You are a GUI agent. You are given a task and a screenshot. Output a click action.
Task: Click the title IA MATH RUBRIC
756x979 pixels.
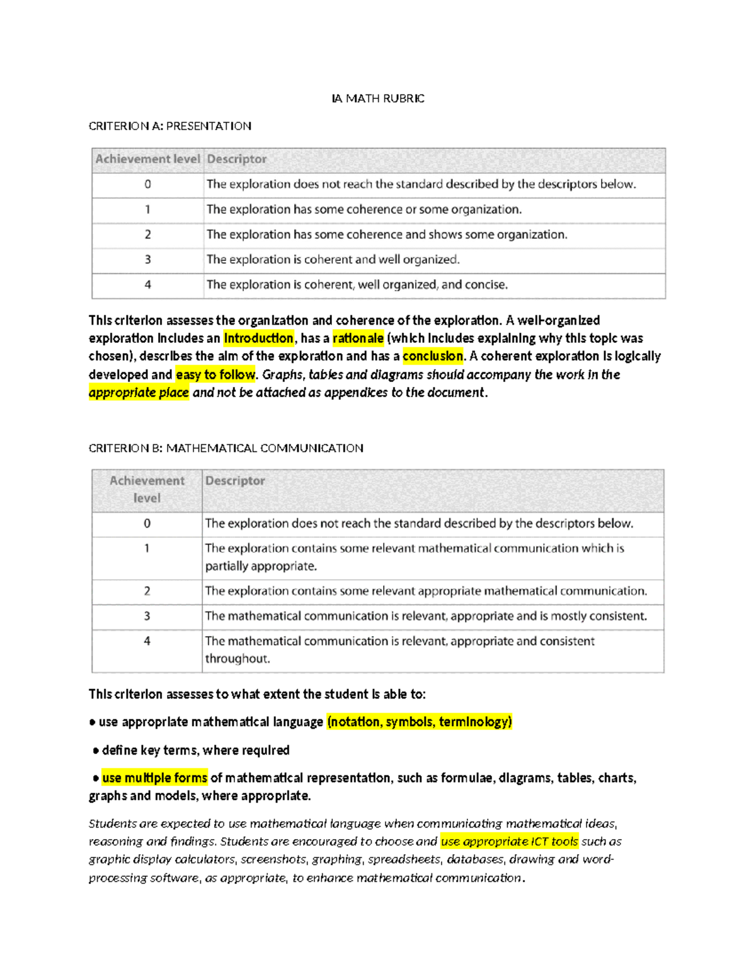pyautogui.click(x=378, y=98)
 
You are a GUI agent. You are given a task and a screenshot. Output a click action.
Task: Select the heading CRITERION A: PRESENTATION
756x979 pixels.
pyautogui.click(x=169, y=126)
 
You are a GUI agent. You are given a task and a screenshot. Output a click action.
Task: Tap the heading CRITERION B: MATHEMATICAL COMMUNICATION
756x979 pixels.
pyautogui.click(x=226, y=448)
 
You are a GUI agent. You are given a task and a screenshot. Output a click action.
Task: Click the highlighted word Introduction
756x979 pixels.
pyautogui.click(x=258, y=339)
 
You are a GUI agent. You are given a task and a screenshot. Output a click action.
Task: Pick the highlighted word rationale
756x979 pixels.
pyautogui.click(x=358, y=339)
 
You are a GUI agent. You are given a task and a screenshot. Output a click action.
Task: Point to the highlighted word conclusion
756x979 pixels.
pyautogui.click(x=433, y=356)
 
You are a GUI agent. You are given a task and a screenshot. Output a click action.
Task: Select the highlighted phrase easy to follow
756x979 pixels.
pyautogui.click(x=215, y=374)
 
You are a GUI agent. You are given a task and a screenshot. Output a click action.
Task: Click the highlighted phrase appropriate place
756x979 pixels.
pyautogui.click(x=139, y=393)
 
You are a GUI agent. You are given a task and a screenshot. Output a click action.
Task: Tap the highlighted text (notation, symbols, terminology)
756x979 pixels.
pyautogui.click(x=420, y=722)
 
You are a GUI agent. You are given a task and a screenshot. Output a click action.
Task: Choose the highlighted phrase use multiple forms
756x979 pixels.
pyautogui.click(x=154, y=778)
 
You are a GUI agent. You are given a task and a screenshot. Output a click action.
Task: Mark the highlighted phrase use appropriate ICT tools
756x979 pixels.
pyautogui.click(x=509, y=842)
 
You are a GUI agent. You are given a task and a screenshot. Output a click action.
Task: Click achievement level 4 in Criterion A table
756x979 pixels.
pyautogui.click(x=147, y=285)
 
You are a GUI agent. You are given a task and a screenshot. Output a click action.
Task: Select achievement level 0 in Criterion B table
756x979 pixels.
pyautogui.click(x=147, y=523)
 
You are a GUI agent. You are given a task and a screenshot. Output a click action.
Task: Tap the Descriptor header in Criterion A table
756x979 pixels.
pyautogui.click(x=236, y=159)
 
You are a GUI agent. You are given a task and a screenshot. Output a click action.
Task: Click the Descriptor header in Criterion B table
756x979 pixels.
pyautogui.click(x=235, y=481)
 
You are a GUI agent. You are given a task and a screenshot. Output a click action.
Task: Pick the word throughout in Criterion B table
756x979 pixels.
pyautogui.click(x=237, y=659)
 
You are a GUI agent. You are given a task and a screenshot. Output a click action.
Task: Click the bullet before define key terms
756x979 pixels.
pyautogui.click(x=96, y=751)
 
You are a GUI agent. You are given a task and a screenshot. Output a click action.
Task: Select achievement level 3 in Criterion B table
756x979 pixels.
pyautogui.click(x=147, y=616)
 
